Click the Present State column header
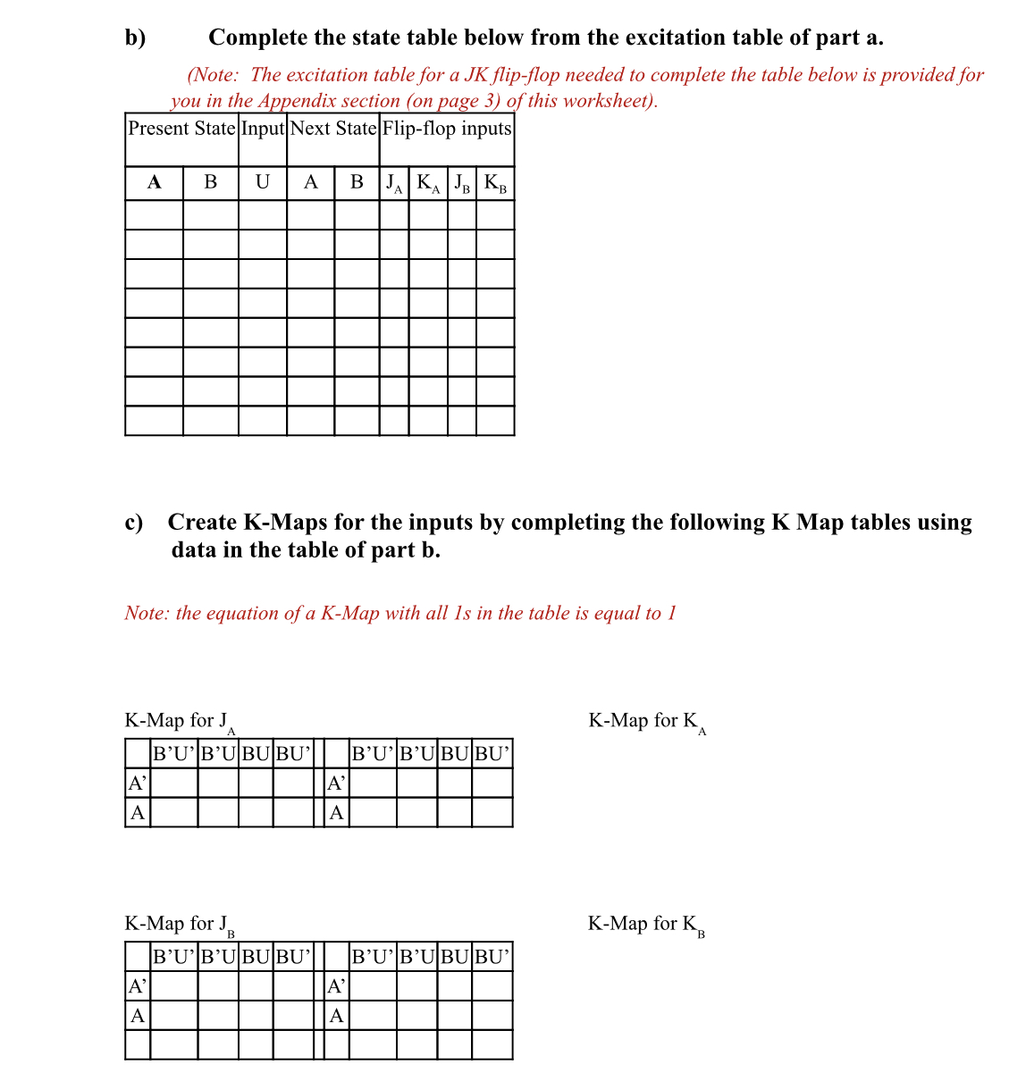181,129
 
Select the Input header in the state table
263,129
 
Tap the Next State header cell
333,129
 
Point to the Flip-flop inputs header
447,129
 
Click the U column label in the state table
262,182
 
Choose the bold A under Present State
154,182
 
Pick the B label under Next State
357,182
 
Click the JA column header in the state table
394,184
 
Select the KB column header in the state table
495,184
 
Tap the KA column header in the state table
429,184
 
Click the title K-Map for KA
647,722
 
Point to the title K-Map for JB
180,925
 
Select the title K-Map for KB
646,925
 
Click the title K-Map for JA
180,722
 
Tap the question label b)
135,38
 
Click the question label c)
134,523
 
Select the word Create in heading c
202,523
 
